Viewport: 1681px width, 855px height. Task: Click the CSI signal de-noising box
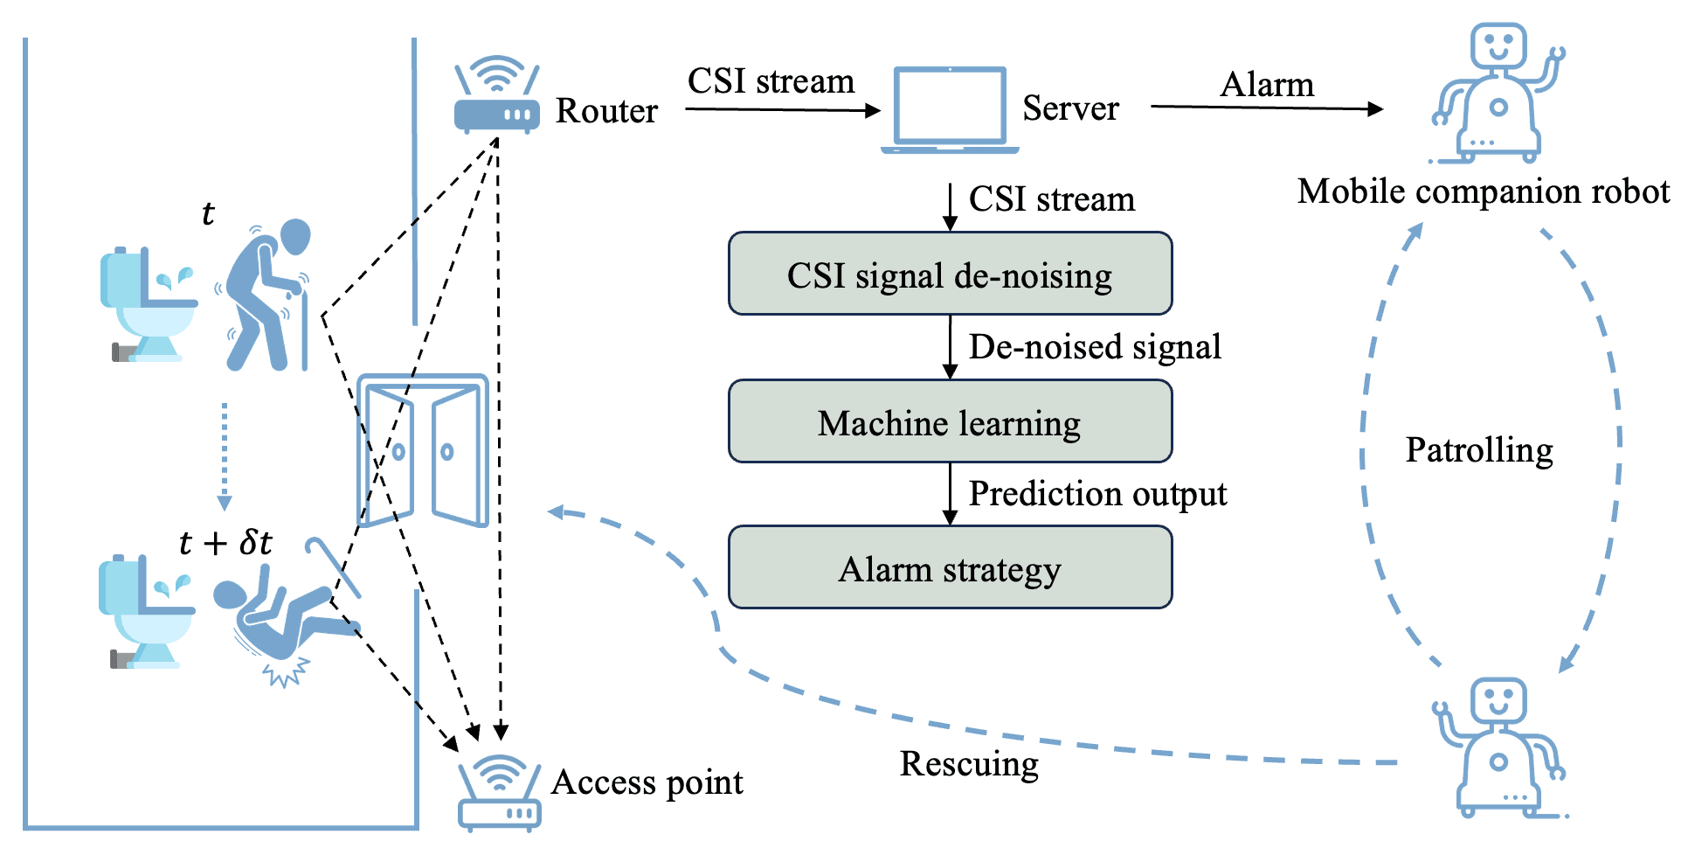tap(950, 274)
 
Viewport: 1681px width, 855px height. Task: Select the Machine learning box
tap(950, 421)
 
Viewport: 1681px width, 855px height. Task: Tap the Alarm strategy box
tap(950, 567)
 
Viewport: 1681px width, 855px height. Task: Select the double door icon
tap(423, 450)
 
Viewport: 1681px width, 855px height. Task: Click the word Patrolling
tap(1478, 450)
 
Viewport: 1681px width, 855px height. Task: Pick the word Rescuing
tap(969, 763)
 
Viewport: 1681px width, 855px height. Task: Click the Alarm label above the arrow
tap(1266, 85)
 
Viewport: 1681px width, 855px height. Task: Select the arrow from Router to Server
tap(782, 110)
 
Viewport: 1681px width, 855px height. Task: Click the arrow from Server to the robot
tap(1266, 108)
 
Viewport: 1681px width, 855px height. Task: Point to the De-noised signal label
tap(1094, 347)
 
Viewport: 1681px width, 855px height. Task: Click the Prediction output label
tap(1097, 494)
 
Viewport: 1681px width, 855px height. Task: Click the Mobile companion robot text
tap(1483, 191)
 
